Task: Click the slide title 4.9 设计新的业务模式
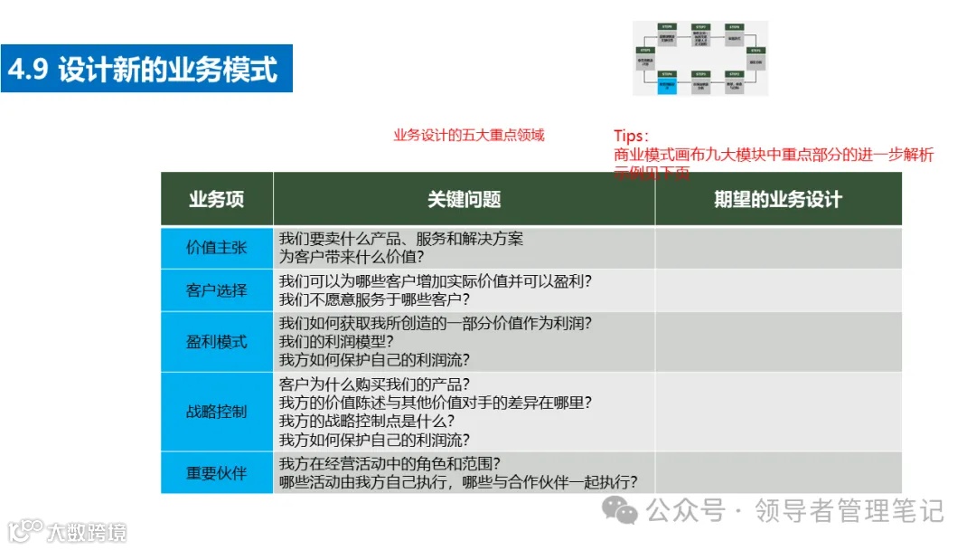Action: pos(145,69)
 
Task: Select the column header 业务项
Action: pos(217,199)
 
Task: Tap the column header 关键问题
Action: pos(464,199)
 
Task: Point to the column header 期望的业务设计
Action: pos(777,199)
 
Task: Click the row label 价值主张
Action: pos(217,247)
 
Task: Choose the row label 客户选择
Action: pos(217,290)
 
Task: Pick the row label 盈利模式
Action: pos(217,342)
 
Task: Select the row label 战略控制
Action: pos(217,412)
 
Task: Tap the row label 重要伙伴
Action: pos(217,472)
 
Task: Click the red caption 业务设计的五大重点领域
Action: pos(469,136)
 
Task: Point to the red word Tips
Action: pos(630,137)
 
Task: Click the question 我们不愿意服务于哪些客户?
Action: pos(375,299)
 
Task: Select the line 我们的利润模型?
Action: pos(343,342)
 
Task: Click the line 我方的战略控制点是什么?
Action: pos(367,421)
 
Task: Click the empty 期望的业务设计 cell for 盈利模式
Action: pos(777,342)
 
